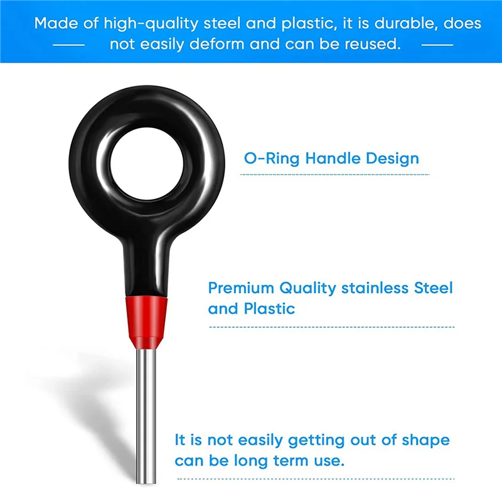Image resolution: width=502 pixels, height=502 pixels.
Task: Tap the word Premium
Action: point(241,289)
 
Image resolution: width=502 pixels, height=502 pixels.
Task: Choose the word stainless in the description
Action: point(376,289)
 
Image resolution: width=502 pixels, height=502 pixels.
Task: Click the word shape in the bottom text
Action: point(426,440)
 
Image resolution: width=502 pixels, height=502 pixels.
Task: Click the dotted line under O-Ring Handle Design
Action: point(335,174)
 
